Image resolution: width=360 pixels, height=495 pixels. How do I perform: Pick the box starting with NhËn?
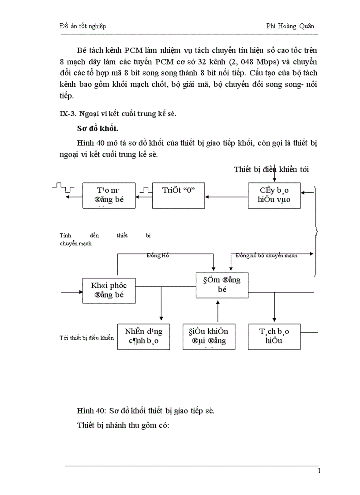143,336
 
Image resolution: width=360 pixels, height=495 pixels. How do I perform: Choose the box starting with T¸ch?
274,336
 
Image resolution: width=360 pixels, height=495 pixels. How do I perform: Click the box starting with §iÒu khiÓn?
209,336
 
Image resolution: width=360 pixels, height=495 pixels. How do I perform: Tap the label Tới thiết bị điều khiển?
86,338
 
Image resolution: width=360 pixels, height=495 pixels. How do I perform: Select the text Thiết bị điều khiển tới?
271,170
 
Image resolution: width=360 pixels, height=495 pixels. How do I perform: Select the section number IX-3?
67,114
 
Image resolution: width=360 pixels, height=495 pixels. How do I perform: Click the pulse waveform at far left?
63,188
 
